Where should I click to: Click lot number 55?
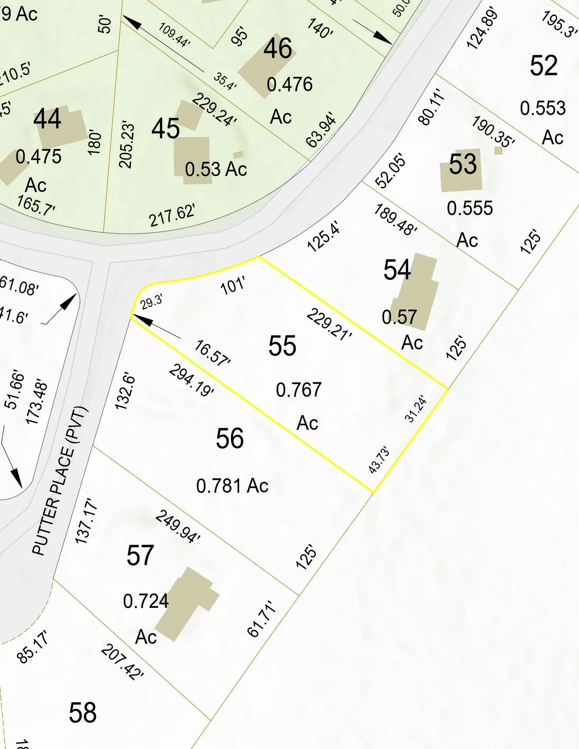(x=282, y=346)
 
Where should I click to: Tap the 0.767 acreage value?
(x=299, y=390)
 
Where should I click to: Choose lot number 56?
(x=230, y=438)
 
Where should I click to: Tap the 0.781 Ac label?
(x=233, y=486)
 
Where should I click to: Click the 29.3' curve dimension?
(x=151, y=302)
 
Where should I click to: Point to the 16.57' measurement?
(x=212, y=353)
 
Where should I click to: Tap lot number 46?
(x=278, y=48)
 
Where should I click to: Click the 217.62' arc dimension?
(x=172, y=216)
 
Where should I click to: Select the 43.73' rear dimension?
(x=379, y=460)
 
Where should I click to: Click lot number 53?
(x=463, y=164)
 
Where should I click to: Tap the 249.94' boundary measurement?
(x=178, y=526)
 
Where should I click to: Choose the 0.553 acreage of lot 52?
(x=543, y=108)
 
